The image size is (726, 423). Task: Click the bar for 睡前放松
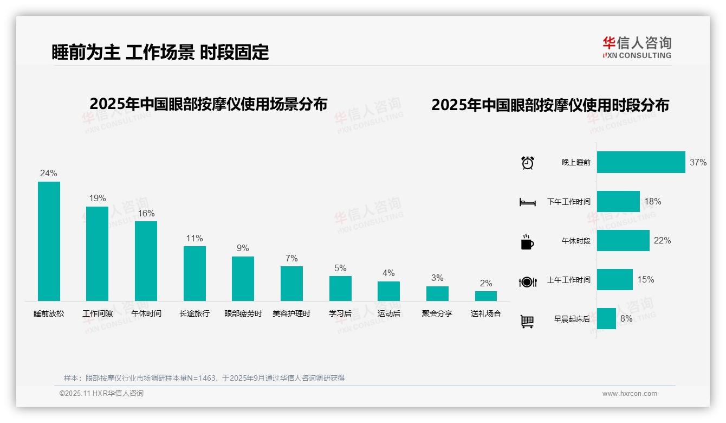(x=49, y=241)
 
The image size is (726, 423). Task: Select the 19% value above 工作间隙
(x=98, y=198)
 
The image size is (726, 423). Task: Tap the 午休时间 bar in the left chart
(x=146, y=261)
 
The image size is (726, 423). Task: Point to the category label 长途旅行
(x=195, y=313)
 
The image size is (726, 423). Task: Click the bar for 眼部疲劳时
(x=243, y=279)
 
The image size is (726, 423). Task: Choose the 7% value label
(x=291, y=259)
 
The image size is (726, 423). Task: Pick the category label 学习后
(x=340, y=313)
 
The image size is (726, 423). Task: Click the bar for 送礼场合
(x=486, y=296)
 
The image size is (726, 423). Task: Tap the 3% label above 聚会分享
(x=437, y=278)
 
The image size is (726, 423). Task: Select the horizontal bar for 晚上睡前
(x=641, y=162)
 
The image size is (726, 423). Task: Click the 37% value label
(x=698, y=162)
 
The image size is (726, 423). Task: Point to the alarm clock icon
(x=528, y=163)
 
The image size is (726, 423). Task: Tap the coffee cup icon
(x=527, y=241)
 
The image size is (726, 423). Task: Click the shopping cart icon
(x=527, y=321)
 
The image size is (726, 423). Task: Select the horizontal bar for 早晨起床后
(x=606, y=319)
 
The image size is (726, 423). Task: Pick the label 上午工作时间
(x=568, y=280)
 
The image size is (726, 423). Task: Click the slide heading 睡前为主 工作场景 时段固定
(x=160, y=52)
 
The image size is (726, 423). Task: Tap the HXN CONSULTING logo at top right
(x=637, y=48)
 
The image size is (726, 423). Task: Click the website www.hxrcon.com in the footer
(x=630, y=394)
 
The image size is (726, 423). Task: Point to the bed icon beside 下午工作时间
(x=527, y=202)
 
